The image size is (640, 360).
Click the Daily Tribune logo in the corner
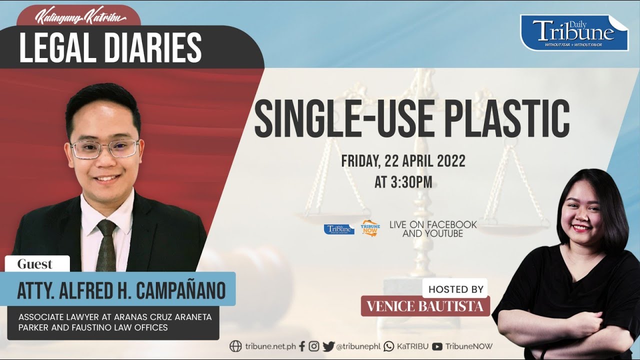coord(574,32)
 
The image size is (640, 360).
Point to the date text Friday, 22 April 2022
coord(403,161)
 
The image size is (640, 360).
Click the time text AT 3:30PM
coord(403,182)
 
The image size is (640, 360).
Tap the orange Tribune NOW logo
coord(370,228)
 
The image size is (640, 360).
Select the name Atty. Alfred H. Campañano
coord(121,290)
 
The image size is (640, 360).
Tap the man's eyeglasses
coord(104,148)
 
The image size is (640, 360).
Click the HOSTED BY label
coord(455,289)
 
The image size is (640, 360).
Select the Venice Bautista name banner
coord(425,306)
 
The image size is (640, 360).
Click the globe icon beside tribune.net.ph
coord(235,346)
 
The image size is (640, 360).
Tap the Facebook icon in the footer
coord(302,346)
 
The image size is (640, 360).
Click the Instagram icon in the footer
coord(314,346)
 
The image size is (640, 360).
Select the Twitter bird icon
coord(328,346)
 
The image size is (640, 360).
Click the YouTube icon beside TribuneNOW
coord(437,346)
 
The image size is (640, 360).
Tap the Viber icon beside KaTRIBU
coord(389,346)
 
